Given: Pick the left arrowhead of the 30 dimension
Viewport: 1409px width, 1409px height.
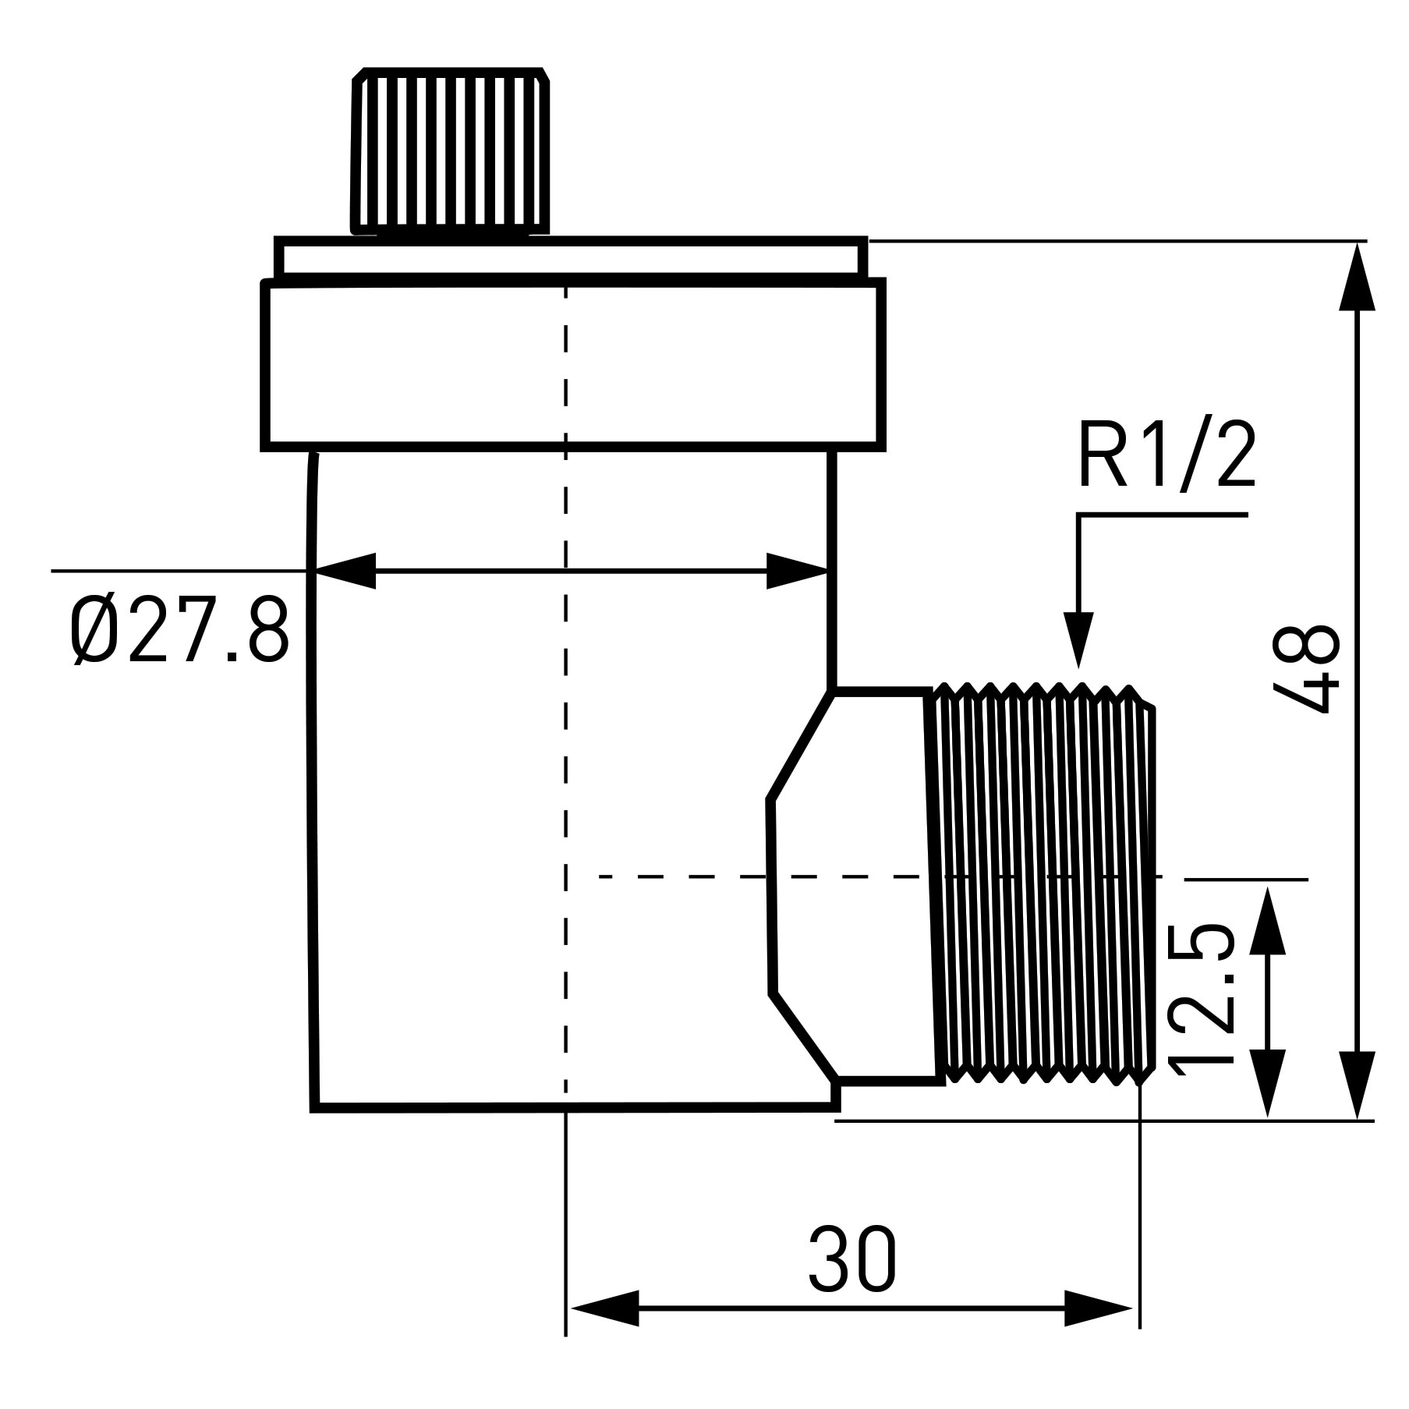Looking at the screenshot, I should pos(605,1308).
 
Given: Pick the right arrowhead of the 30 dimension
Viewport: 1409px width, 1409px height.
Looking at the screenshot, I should pos(1098,1308).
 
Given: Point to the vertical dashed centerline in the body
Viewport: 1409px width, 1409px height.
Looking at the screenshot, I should pos(565,780).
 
